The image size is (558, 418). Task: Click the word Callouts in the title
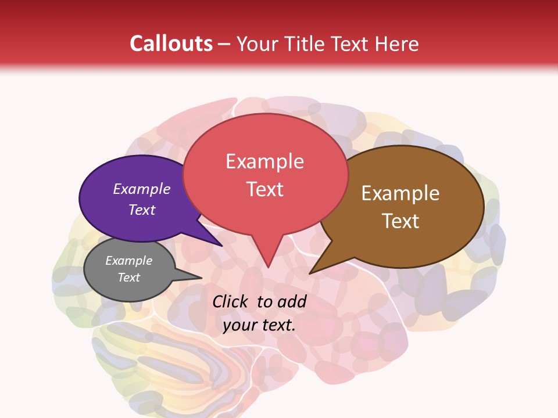[x=171, y=44]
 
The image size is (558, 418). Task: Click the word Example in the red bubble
[x=264, y=161]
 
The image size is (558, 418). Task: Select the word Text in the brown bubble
[x=400, y=221]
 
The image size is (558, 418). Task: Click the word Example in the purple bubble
[x=142, y=189]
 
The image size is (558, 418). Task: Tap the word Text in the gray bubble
[x=129, y=278]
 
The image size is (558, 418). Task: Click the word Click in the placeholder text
[x=231, y=301]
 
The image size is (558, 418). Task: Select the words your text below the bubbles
[x=259, y=325]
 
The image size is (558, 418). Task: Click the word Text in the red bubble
[x=265, y=189]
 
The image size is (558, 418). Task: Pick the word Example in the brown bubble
[x=400, y=193]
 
